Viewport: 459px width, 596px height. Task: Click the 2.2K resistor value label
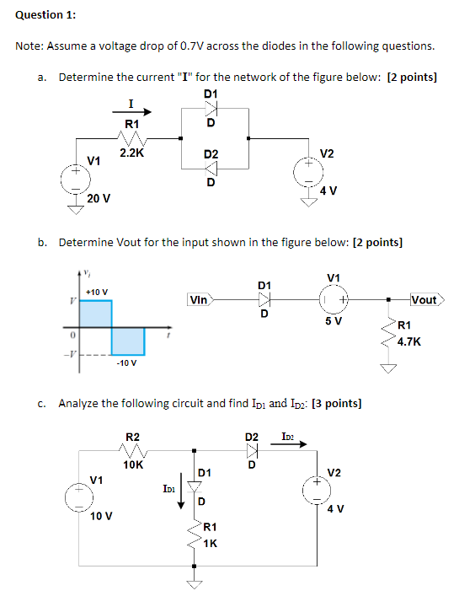click(x=131, y=153)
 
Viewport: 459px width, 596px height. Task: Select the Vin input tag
click(x=200, y=299)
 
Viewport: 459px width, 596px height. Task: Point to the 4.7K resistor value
click(x=408, y=341)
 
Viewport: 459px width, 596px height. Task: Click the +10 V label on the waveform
click(x=97, y=291)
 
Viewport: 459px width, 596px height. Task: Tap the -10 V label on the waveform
click(x=126, y=363)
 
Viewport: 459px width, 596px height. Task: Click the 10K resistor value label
click(x=132, y=464)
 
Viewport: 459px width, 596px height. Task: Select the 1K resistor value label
click(x=211, y=544)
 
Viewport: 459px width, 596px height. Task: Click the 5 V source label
click(x=334, y=322)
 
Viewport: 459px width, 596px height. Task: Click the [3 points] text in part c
click(x=337, y=403)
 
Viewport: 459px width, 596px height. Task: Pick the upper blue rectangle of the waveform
click(x=96, y=313)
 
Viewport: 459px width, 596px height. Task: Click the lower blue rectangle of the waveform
click(x=128, y=341)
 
